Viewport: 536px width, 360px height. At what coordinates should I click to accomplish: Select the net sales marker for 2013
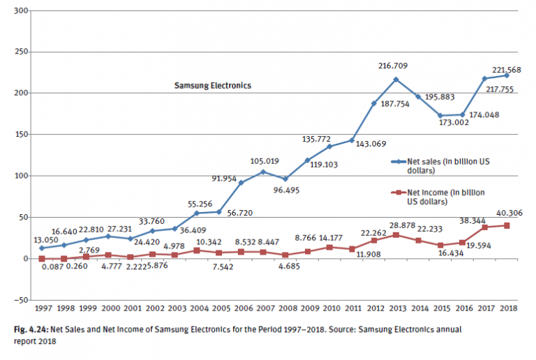click(396, 80)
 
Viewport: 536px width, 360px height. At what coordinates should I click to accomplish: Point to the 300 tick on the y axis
click(20, 11)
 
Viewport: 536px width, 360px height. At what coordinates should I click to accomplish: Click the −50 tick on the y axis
click(20, 300)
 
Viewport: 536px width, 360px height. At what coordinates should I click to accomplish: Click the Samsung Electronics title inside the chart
click(212, 86)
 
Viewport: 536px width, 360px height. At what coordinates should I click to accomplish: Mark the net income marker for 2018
click(507, 225)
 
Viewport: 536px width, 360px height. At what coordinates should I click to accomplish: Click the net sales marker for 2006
click(241, 183)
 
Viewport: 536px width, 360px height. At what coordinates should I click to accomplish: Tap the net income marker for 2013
click(396, 235)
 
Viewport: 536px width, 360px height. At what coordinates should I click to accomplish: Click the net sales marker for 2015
click(440, 116)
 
